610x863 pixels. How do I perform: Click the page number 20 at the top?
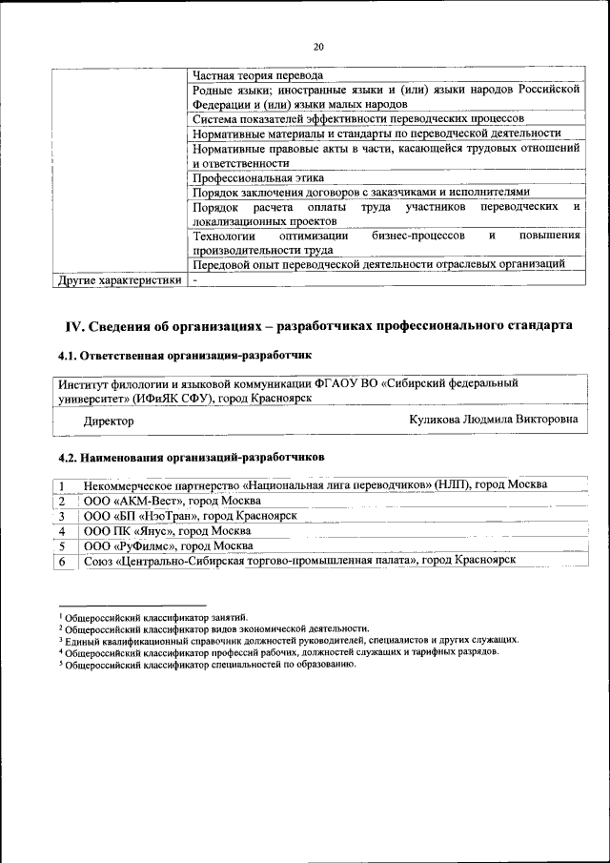tap(318, 46)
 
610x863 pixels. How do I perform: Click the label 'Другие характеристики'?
tap(118, 281)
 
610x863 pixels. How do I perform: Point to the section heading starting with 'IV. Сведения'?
tap(318, 326)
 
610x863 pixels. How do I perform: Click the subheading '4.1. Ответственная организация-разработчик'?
tap(185, 356)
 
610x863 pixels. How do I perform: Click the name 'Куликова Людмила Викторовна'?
tap(493, 420)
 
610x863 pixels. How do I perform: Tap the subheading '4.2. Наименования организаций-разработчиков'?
tap(191, 456)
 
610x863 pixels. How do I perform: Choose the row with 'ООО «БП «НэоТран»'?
tap(191, 515)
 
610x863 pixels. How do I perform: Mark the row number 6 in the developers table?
tap(61, 561)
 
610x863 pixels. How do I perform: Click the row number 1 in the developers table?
tap(61, 485)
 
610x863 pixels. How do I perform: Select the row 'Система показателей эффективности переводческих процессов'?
tap(357, 119)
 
